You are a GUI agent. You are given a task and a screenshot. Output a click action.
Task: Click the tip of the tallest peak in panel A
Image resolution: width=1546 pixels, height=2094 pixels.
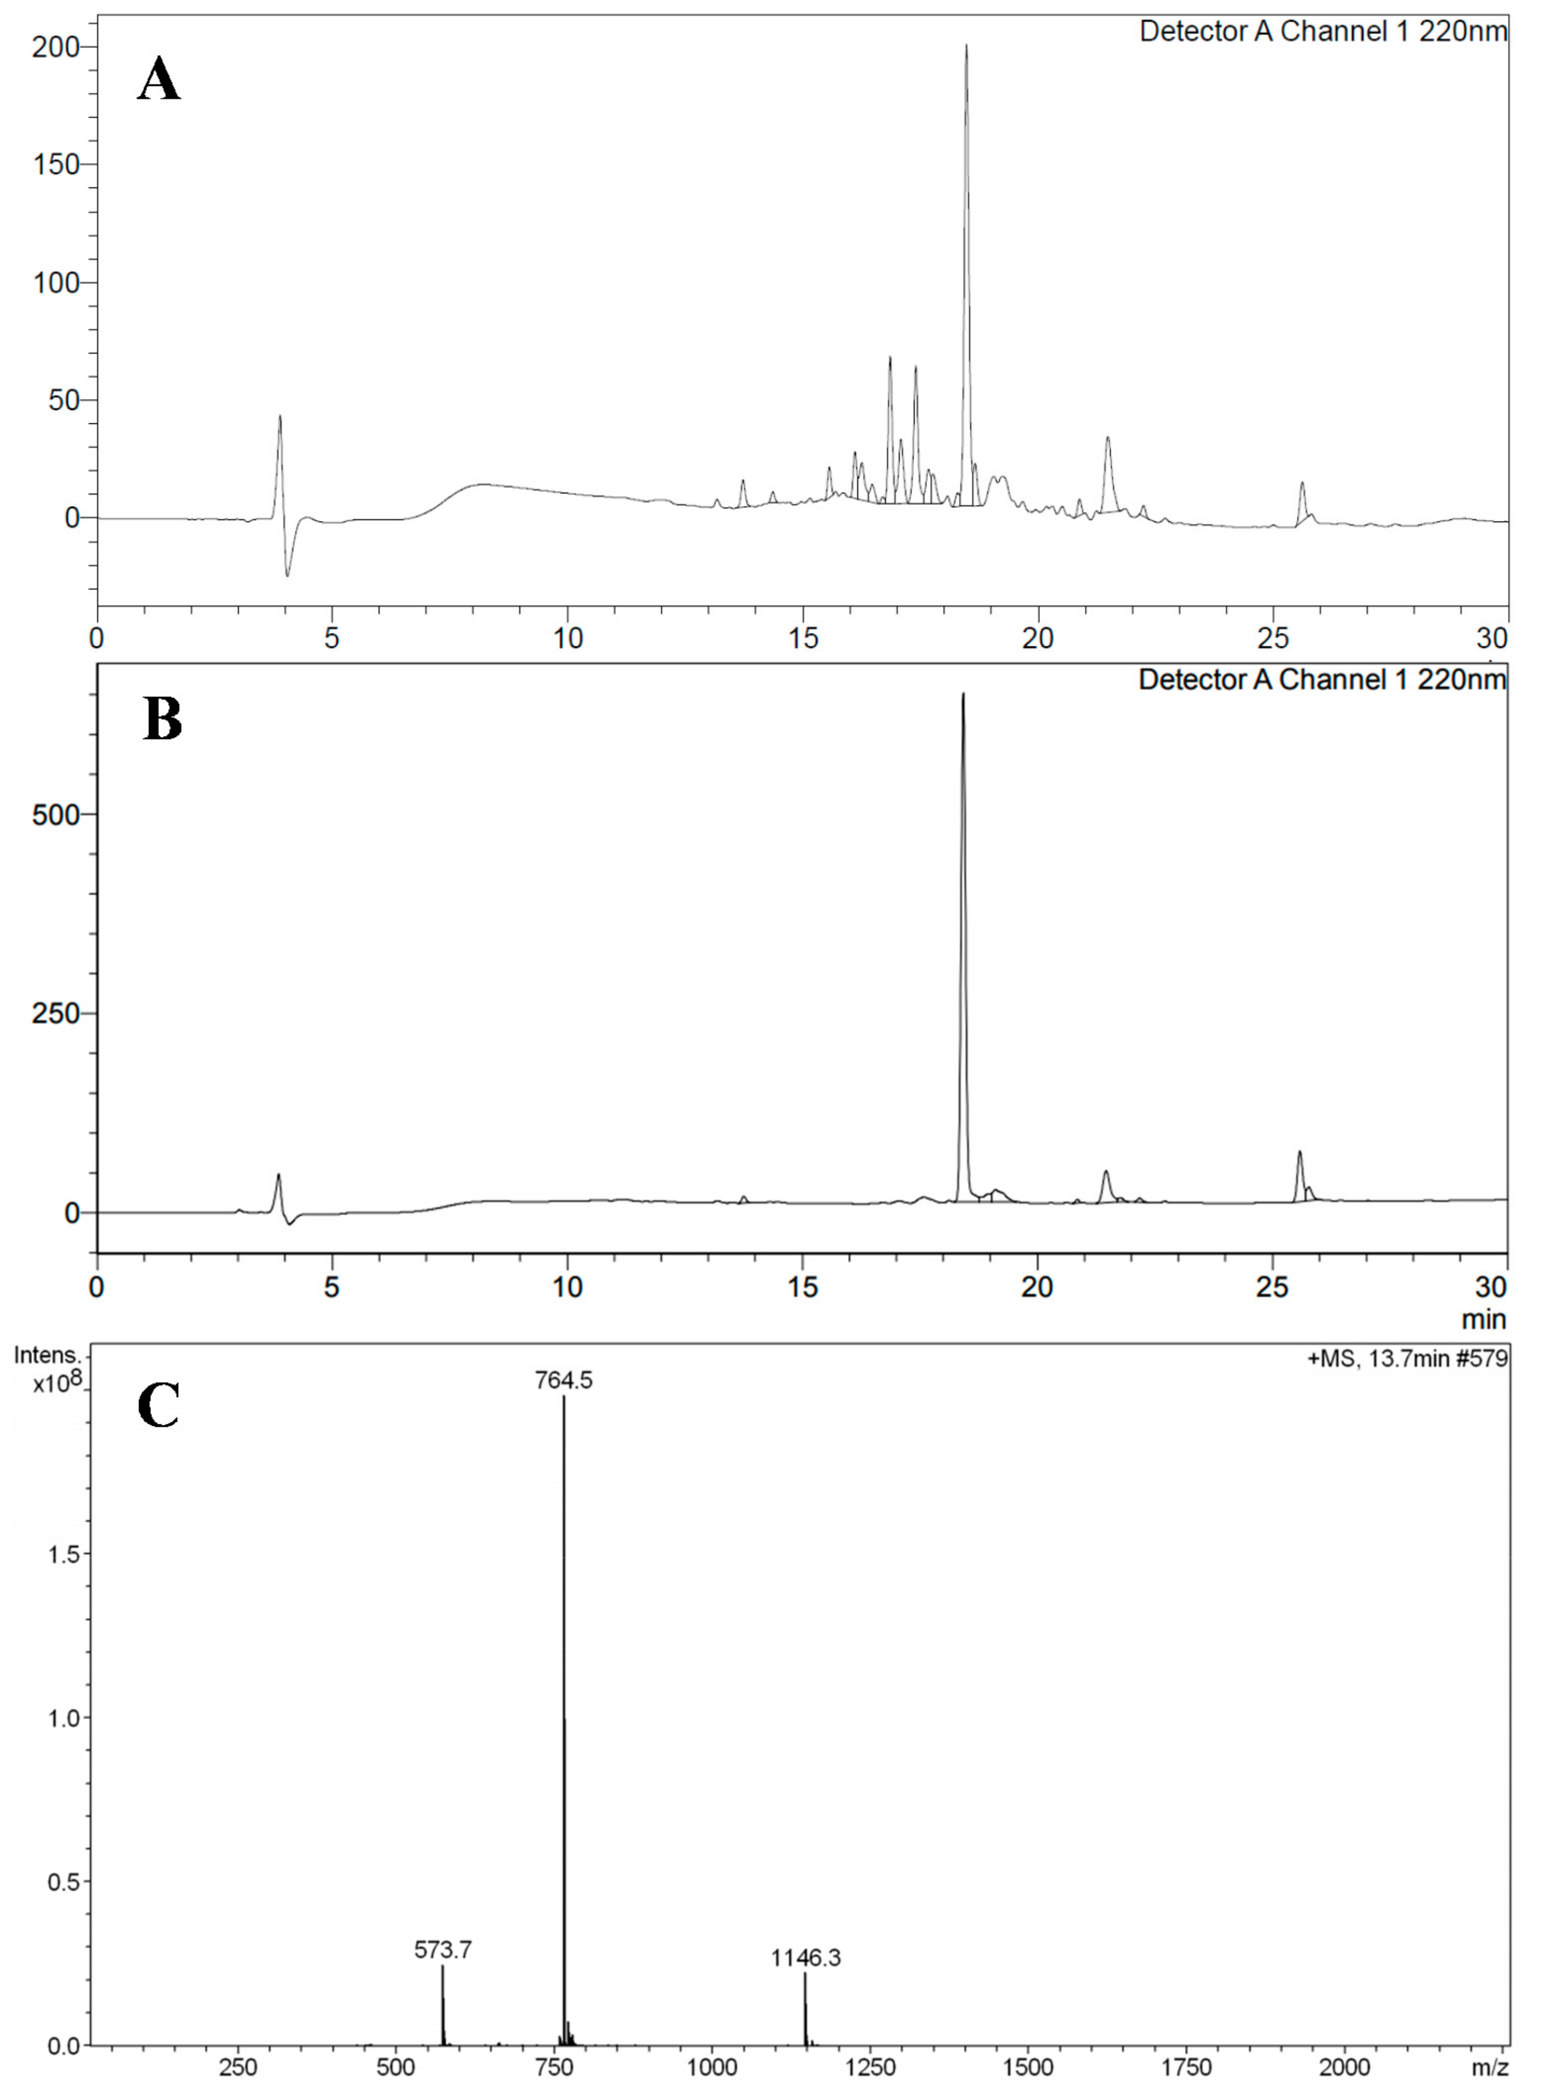tap(967, 45)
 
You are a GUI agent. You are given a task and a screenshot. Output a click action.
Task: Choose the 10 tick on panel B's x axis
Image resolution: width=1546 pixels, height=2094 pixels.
tap(567, 1287)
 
